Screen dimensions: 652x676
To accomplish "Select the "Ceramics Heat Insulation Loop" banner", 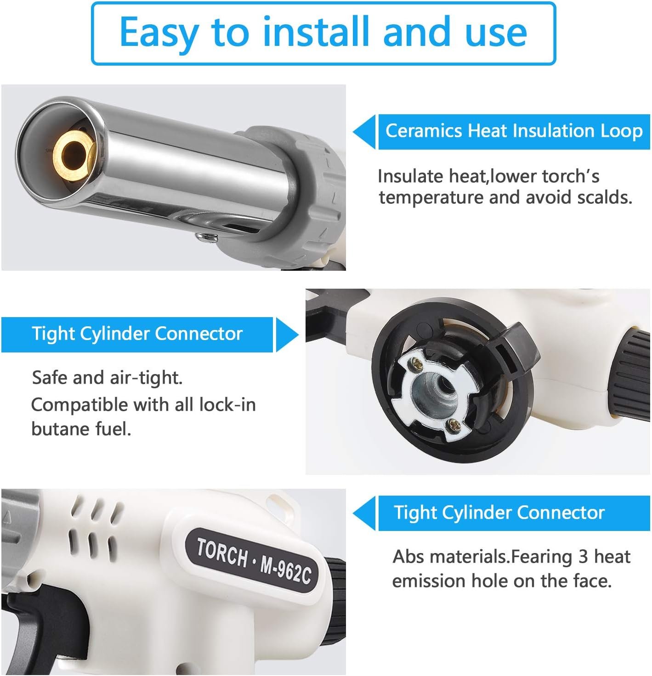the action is (x=514, y=132).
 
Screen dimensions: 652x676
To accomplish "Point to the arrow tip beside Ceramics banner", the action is (x=353, y=132).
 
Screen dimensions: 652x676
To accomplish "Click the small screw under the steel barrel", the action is (x=206, y=237).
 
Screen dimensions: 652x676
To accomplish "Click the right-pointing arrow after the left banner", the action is (x=287, y=335).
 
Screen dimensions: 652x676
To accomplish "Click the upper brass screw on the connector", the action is (x=417, y=364).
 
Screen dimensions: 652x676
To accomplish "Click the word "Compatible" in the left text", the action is (x=79, y=405).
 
